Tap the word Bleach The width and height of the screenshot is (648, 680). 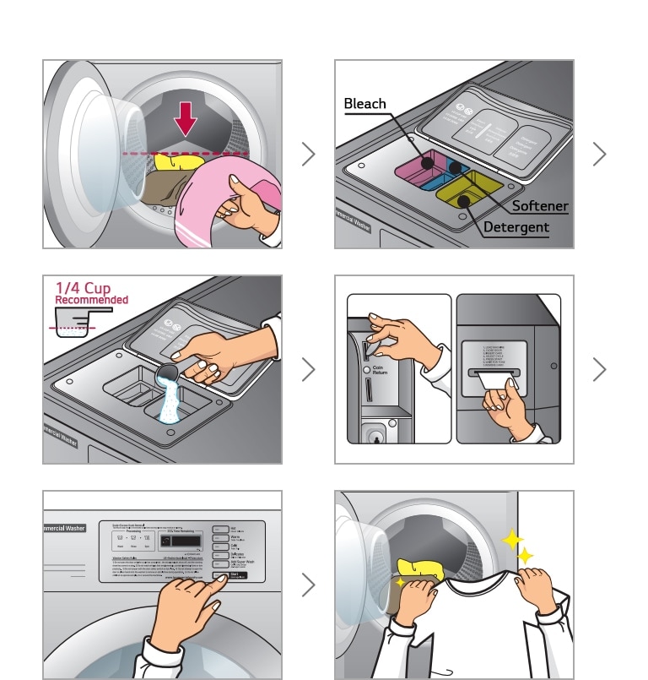click(x=364, y=104)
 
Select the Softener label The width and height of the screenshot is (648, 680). click(x=540, y=206)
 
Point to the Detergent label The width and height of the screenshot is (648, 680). click(x=516, y=227)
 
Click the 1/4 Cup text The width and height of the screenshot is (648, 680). click(x=83, y=288)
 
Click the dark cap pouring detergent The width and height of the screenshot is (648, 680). click(x=167, y=373)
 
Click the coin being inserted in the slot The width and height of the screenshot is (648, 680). click(x=369, y=347)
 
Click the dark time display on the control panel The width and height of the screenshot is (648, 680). click(x=180, y=542)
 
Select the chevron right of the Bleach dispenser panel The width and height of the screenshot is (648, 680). click(x=599, y=154)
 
